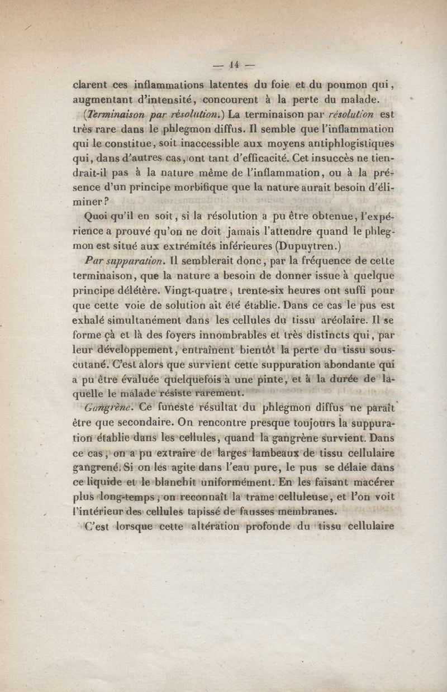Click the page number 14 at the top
pos(234,64)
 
